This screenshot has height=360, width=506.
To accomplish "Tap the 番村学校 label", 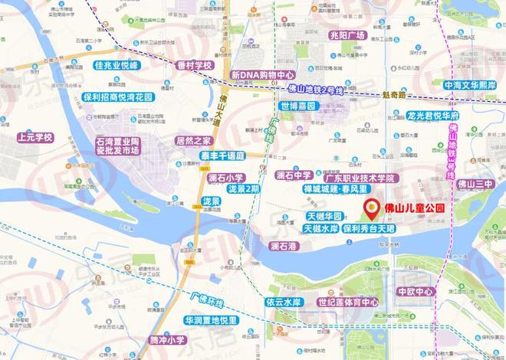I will (192, 66).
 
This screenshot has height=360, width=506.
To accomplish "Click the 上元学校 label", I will (34, 138).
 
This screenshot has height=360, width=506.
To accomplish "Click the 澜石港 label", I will (287, 246).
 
